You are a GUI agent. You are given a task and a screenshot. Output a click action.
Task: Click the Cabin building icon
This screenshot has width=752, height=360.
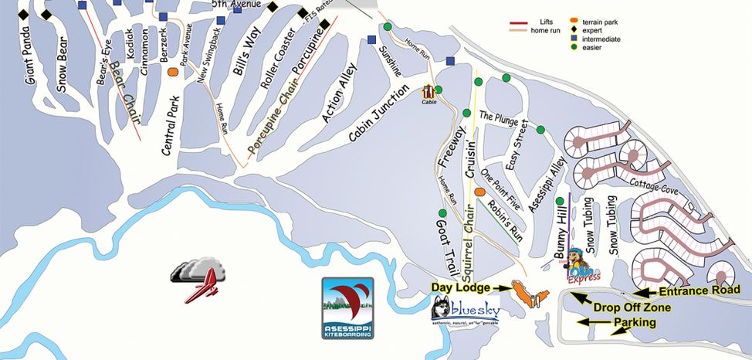pos(429,93)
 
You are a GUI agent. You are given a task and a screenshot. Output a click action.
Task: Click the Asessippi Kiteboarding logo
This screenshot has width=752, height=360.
pos(347,307)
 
